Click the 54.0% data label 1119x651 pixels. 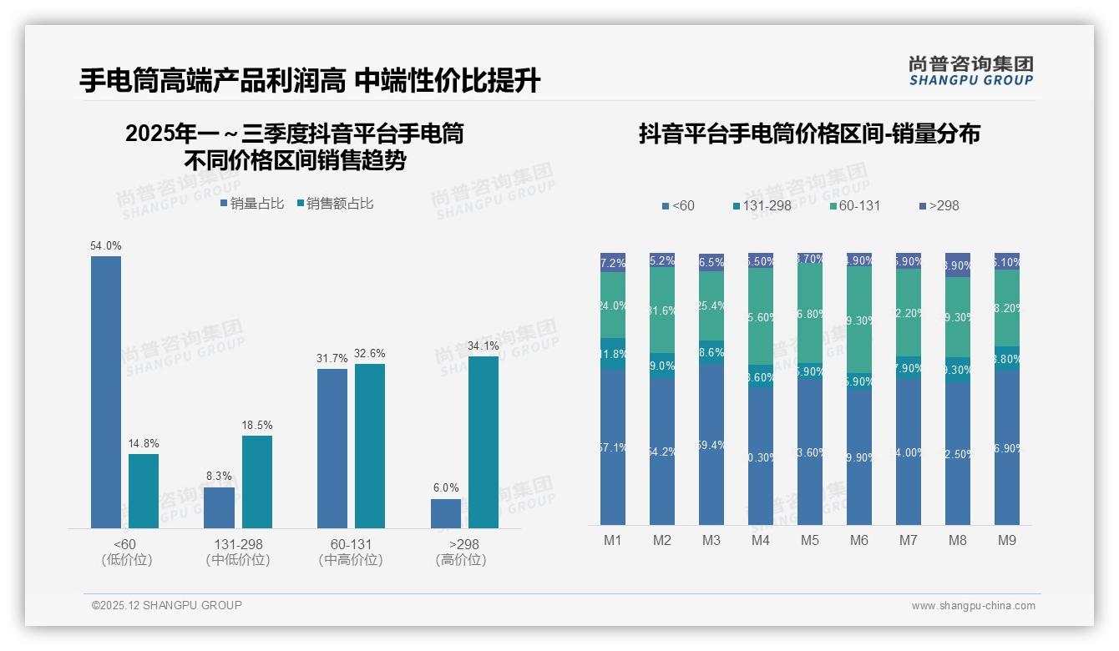coord(106,246)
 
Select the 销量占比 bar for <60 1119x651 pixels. coord(106,392)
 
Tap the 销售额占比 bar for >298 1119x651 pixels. coord(484,442)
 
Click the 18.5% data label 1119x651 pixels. coord(257,426)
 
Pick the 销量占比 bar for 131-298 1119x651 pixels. coord(220,507)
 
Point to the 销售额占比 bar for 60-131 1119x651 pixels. coord(370,447)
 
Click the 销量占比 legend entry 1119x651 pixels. coord(252,204)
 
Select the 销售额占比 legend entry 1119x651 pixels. coord(335,204)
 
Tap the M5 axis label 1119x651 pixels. coord(810,541)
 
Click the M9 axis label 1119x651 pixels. coord(1007,541)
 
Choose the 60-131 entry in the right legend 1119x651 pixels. coord(856,205)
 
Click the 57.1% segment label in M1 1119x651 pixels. coord(613,448)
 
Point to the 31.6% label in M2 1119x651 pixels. coord(662,311)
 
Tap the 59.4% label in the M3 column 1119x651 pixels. coord(711,446)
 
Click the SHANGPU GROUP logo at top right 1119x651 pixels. coord(971,71)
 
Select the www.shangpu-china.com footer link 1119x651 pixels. coord(973,606)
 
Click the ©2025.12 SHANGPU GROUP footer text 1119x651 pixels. coord(167,605)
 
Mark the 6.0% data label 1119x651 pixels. coord(446,488)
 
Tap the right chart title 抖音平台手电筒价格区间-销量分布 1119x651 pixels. coord(809,134)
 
